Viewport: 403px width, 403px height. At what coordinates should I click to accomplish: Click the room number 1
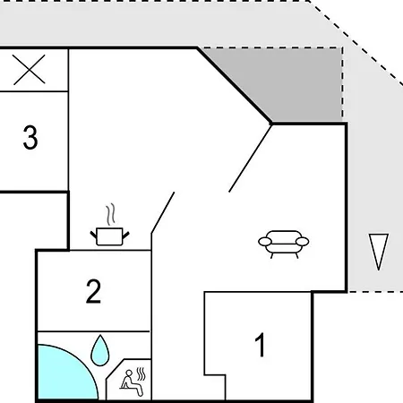(261, 345)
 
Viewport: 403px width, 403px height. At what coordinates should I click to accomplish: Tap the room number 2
(93, 291)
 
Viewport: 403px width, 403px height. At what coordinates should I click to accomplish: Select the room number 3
(30, 137)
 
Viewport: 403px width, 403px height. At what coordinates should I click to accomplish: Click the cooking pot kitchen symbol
(109, 225)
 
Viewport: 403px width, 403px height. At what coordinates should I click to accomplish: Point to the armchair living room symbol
(284, 244)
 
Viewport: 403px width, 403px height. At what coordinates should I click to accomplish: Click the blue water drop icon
(100, 350)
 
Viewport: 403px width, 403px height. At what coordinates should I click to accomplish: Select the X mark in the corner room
(30, 70)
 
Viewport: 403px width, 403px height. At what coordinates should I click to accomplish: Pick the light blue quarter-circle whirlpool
(64, 374)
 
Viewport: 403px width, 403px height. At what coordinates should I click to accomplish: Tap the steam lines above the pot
(110, 214)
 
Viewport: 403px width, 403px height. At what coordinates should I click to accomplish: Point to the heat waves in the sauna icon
(141, 374)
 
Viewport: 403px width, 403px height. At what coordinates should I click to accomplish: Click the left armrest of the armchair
(265, 242)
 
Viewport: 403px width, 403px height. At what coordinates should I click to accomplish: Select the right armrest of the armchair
(303, 242)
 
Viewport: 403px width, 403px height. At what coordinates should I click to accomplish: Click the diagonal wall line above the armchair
(250, 159)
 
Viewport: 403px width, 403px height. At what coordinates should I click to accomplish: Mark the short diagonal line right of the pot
(163, 212)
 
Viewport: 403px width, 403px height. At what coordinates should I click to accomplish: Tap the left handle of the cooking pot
(94, 235)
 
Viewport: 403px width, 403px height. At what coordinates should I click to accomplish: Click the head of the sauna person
(129, 373)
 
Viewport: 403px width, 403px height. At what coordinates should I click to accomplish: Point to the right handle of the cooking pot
(125, 235)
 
